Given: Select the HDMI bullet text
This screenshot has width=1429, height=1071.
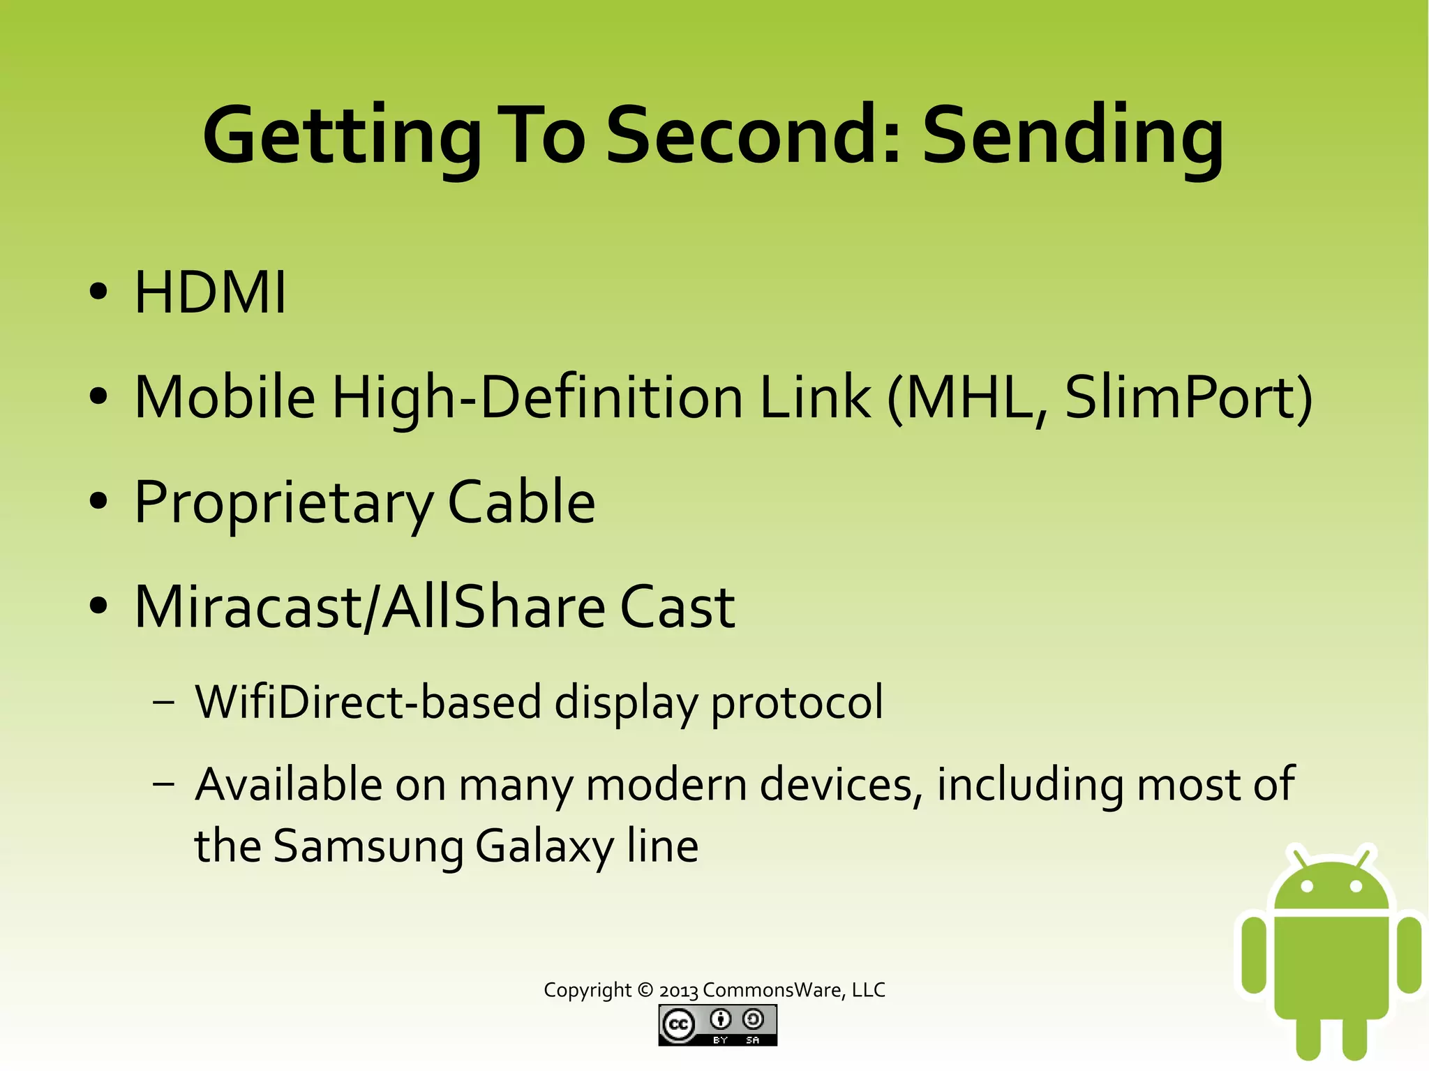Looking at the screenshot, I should click(x=210, y=293).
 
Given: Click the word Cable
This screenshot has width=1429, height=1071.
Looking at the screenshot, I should click(x=521, y=502).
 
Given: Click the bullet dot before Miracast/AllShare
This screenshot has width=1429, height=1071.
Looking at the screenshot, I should click(x=98, y=606).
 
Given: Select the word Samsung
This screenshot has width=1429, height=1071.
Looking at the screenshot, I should click(x=368, y=846).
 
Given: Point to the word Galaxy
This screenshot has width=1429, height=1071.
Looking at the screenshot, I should click(x=544, y=846).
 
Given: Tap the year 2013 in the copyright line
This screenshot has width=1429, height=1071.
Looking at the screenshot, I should click(x=678, y=991).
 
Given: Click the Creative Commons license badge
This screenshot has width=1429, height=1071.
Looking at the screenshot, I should click(x=717, y=1025).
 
